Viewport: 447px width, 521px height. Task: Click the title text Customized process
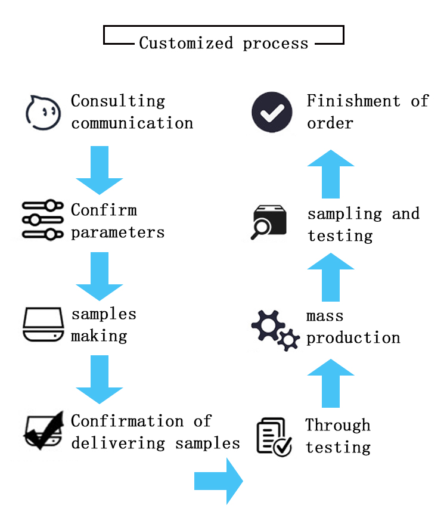223,43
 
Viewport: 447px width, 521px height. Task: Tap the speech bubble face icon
43,111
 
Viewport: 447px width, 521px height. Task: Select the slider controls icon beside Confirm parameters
42,221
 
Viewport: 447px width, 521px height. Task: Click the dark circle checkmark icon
272,111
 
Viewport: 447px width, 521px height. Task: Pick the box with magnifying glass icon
269,222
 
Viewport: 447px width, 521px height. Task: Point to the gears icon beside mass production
275,330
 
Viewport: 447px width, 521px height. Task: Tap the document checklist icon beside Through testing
274,436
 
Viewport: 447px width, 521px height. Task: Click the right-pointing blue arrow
219,480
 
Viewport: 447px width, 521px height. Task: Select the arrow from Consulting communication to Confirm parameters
100,170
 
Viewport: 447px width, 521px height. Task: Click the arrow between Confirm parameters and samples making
100,276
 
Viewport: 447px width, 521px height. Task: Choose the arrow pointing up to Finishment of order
330,174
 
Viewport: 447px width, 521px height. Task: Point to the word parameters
118,232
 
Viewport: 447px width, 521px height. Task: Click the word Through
338,425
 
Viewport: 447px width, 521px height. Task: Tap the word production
353,338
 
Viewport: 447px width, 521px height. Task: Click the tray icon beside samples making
43,324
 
